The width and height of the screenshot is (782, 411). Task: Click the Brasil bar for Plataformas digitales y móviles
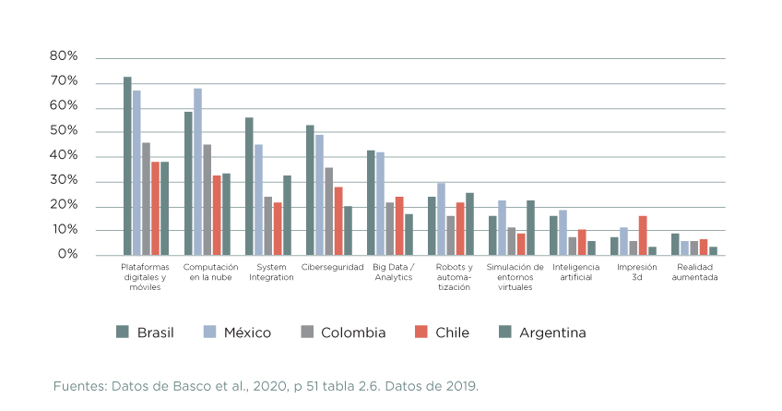click(x=127, y=166)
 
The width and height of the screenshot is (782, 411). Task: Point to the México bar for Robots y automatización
click(x=441, y=219)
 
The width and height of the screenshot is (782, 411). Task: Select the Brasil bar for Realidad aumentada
click(x=675, y=245)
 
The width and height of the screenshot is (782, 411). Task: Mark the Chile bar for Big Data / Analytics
click(x=399, y=226)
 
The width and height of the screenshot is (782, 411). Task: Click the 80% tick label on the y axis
click(x=64, y=57)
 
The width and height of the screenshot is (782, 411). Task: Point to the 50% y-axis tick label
click(x=64, y=131)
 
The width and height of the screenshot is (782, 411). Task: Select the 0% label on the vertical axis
click(x=67, y=255)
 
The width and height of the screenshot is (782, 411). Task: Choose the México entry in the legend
click(x=247, y=332)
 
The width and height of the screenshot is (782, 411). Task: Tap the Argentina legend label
click(x=552, y=332)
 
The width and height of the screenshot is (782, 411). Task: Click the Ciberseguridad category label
click(x=332, y=268)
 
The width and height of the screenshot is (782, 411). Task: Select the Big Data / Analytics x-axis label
click(x=393, y=272)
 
